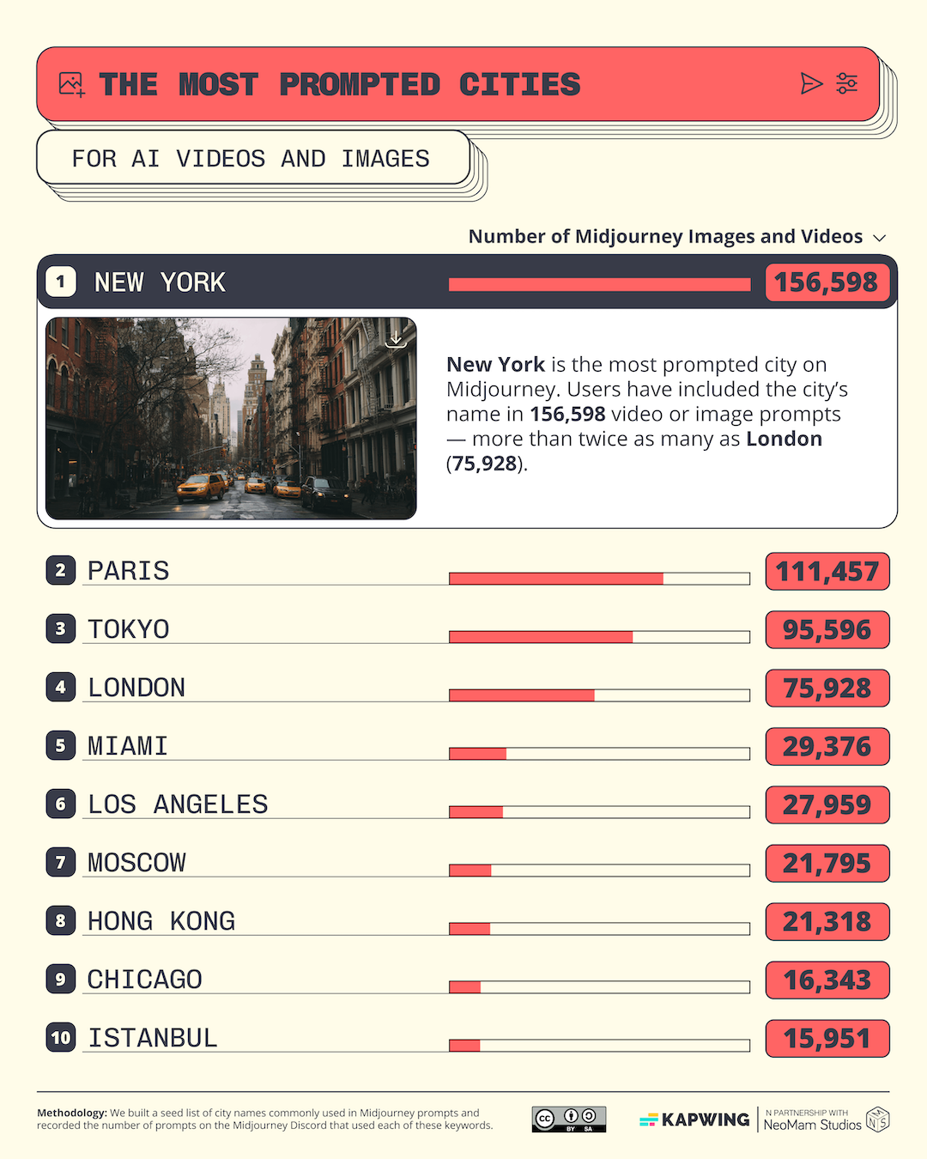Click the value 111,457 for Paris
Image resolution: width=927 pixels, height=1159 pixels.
click(827, 572)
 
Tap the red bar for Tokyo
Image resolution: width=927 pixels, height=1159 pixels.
click(541, 637)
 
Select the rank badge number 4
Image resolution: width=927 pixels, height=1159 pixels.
click(60, 687)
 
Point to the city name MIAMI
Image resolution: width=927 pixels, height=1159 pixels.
click(127, 746)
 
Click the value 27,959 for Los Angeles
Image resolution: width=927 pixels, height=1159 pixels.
click(827, 805)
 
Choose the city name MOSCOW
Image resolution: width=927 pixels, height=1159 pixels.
click(136, 863)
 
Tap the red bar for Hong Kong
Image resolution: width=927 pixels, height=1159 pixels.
click(470, 929)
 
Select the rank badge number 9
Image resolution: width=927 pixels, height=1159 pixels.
click(60, 979)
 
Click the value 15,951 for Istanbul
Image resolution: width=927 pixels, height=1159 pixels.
click(827, 1039)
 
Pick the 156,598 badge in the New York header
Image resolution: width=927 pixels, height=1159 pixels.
click(826, 282)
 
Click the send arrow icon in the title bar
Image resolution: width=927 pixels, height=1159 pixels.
click(811, 83)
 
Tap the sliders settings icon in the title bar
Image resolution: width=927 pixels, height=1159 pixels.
click(847, 83)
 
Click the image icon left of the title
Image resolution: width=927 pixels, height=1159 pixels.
click(71, 84)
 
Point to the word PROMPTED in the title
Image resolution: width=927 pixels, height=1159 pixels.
click(360, 85)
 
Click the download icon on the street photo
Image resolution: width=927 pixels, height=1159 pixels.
click(396, 338)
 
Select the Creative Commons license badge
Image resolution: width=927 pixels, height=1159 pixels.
click(569, 1120)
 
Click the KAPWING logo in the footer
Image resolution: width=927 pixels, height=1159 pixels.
click(695, 1120)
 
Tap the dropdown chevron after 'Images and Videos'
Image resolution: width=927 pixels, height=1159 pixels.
click(879, 238)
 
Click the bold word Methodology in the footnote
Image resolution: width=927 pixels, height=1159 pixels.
click(72, 1113)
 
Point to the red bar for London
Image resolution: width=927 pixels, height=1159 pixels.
click(522, 695)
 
